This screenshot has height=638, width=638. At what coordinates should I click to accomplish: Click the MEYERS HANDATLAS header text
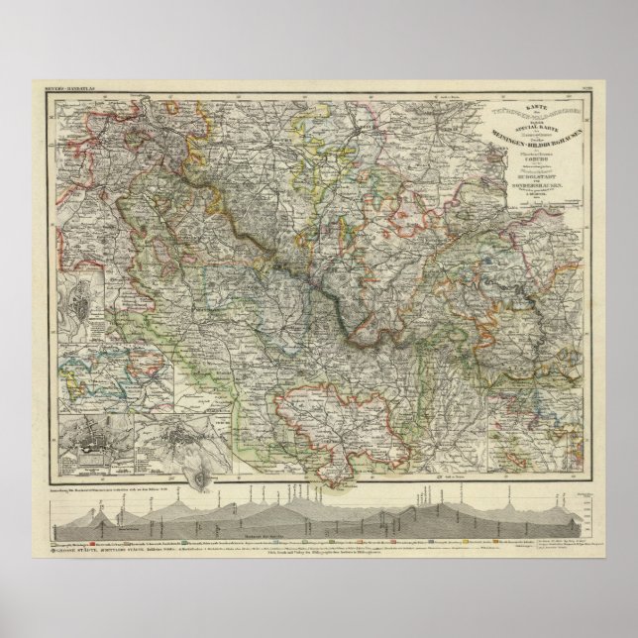point(67,91)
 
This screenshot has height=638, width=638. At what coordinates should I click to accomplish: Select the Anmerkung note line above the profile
point(129,491)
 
